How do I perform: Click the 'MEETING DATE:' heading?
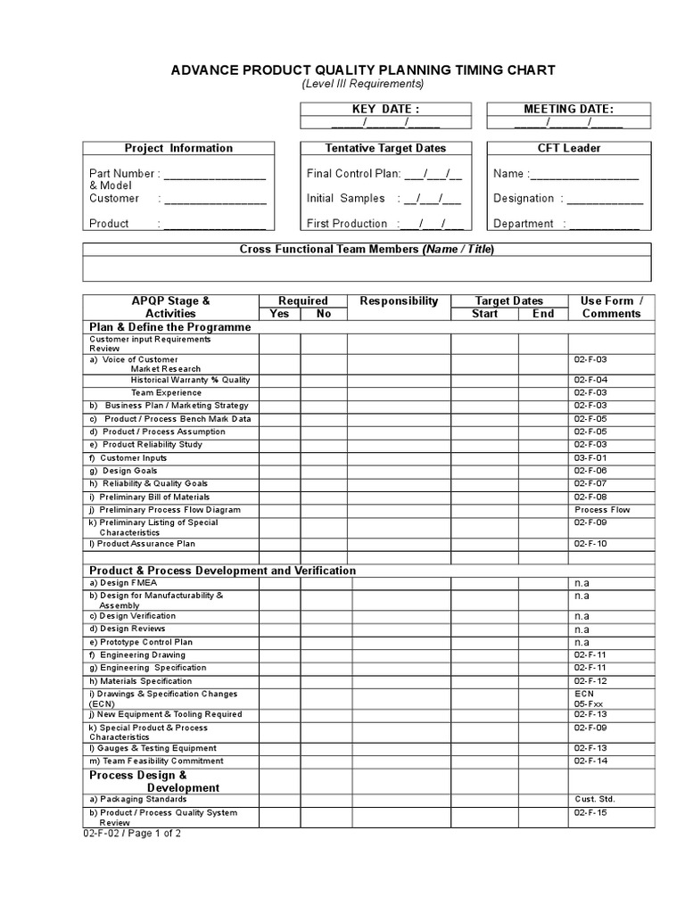pos(568,109)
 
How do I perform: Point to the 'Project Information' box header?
pos(178,148)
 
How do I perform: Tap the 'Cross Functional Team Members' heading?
pos(367,250)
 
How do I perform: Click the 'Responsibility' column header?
pos(399,301)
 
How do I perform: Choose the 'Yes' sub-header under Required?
pos(279,314)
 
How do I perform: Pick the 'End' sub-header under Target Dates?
pos(542,314)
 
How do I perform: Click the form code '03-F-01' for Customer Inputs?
pos(590,457)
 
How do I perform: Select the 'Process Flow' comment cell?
pos(602,510)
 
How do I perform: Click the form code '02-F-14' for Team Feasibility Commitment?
pos(590,761)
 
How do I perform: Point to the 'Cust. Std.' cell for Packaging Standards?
pos(595,800)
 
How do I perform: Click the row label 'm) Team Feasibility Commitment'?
pos(156,761)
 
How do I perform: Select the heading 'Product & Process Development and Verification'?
pos(222,570)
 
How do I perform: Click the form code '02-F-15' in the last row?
pos(590,813)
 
